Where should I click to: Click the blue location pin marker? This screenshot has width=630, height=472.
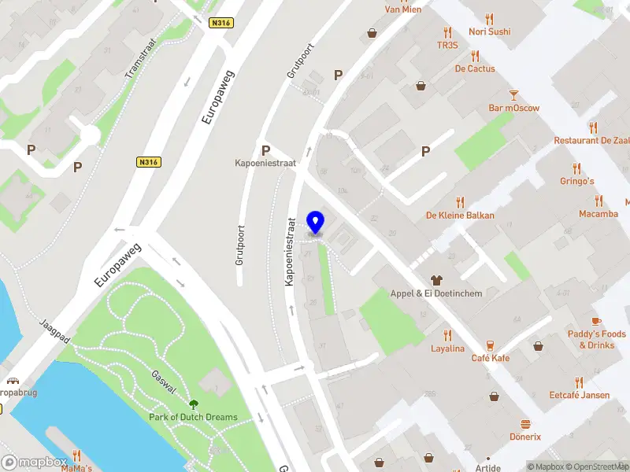[316, 223]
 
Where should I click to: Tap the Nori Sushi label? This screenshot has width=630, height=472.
[489, 31]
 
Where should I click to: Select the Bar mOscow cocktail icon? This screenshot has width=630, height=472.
[513, 94]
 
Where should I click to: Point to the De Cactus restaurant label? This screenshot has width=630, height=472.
[475, 68]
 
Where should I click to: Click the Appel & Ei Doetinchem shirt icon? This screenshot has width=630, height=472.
[436, 280]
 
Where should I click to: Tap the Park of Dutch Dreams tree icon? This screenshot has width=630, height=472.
[194, 405]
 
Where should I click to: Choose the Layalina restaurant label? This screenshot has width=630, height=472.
[447, 348]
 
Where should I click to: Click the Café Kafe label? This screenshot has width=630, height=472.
[490, 358]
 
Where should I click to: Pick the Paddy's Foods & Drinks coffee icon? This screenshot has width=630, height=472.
[596, 321]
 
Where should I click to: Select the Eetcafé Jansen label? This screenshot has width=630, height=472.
[580, 395]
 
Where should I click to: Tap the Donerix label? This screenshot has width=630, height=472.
[525, 437]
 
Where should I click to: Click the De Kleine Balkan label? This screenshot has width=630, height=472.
[461, 215]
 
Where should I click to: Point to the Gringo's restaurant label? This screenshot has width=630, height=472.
[576, 181]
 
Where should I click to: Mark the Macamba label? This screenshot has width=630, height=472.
[598, 213]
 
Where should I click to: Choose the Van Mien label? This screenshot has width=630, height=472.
[402, 9]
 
